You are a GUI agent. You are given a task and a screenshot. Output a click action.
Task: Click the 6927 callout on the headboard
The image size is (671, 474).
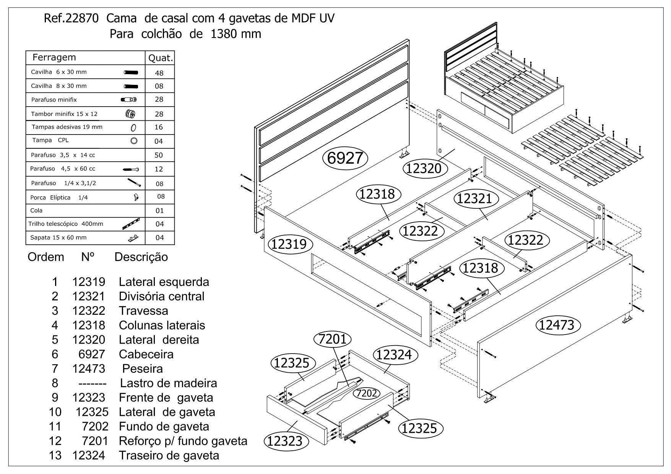pyautogui.click(x=345, y=158)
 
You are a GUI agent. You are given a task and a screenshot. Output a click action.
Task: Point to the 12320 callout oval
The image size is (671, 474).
pyautogui.click(x=423, y=168)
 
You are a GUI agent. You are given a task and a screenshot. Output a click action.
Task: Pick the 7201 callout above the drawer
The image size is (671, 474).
pyautogui.click(x=332, y=339)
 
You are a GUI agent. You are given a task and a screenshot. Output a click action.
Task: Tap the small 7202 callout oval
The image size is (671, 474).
pyautogui.click(x=367, y=393)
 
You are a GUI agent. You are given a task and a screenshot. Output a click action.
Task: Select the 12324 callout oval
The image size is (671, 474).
pyautogui.click(x=394, y=355)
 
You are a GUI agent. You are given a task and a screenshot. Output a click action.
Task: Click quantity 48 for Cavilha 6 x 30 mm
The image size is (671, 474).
pyautogui.click(x=159, y=73)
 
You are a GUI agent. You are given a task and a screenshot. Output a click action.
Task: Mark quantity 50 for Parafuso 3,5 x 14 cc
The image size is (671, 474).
pyautogui.click(x=159, y=155)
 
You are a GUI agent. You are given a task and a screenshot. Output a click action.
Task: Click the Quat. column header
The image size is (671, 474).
pyautogui.click(x=160, y=58)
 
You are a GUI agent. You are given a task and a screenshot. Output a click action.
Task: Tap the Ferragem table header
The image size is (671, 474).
pyautogui.click(x=54, y=58)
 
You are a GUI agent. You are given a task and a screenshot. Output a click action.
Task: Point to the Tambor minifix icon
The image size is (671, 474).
pyautogui.click(x=130, y=114)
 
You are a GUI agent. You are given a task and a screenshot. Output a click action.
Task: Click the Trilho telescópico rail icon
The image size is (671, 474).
pyautogui.click(x=132, y=224)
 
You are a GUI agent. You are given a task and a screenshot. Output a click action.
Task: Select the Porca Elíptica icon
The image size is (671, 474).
pyautogui.click(x=136, y=197)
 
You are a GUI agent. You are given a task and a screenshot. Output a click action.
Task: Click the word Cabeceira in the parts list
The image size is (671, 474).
pyautogui.click(x=146, y=354)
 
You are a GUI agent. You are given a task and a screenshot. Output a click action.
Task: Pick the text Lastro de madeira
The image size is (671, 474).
pyautogui.click(x=168, y=383)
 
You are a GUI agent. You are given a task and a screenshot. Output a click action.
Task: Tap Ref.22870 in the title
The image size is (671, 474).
pyautogui.click(x=72, y=18)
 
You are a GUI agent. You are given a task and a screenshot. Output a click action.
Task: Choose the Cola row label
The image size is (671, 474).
pyautogui.click(x=36, y=211)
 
